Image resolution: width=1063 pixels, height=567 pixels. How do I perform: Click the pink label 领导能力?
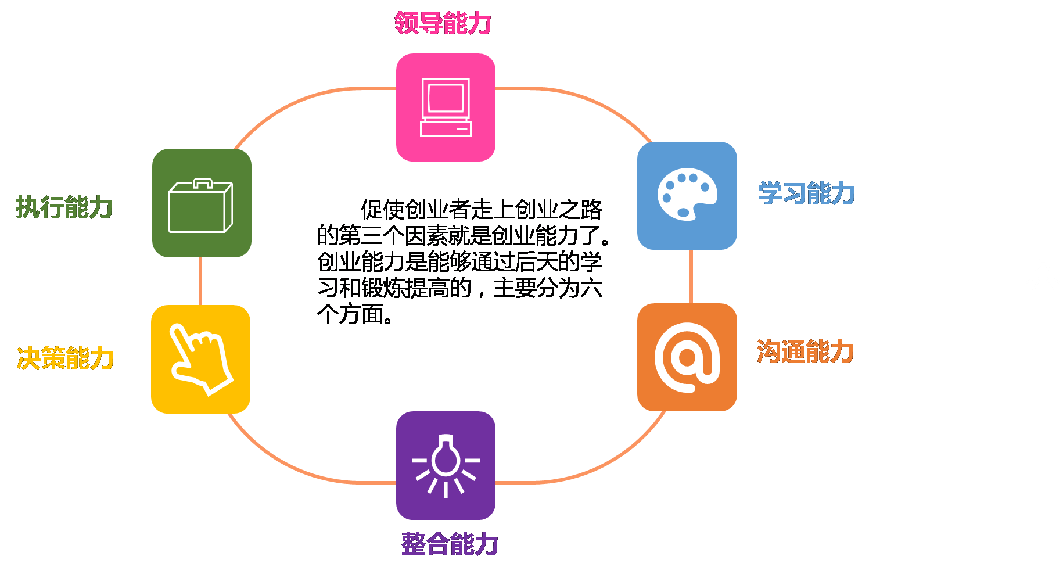[x=443, y=23]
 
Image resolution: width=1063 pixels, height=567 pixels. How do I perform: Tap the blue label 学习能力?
[x=806, y=193]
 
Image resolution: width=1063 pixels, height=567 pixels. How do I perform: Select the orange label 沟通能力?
[x=805, y=352]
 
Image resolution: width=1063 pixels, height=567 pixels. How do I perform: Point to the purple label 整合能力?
[x=450, y=544]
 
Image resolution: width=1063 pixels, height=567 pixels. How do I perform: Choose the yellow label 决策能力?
[x=65, y=358]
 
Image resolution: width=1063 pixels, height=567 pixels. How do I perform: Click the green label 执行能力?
[x=64, y=207]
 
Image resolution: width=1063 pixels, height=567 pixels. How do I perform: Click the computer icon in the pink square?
[x=446, y=107]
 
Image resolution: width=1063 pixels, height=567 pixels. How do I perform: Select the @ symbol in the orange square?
[x=687, y=357]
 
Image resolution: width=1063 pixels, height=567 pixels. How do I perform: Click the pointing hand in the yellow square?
[x=201, y=360]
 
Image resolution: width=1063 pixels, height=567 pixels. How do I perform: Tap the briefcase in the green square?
[x=201, y=206]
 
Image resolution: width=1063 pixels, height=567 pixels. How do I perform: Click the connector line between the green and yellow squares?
[x=200, y=281]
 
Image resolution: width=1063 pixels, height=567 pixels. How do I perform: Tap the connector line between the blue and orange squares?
[x=691, y=277]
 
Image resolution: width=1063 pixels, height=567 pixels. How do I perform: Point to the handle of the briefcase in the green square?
[x=203, y=183]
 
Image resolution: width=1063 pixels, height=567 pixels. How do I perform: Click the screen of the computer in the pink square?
[x=446, y=97]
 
